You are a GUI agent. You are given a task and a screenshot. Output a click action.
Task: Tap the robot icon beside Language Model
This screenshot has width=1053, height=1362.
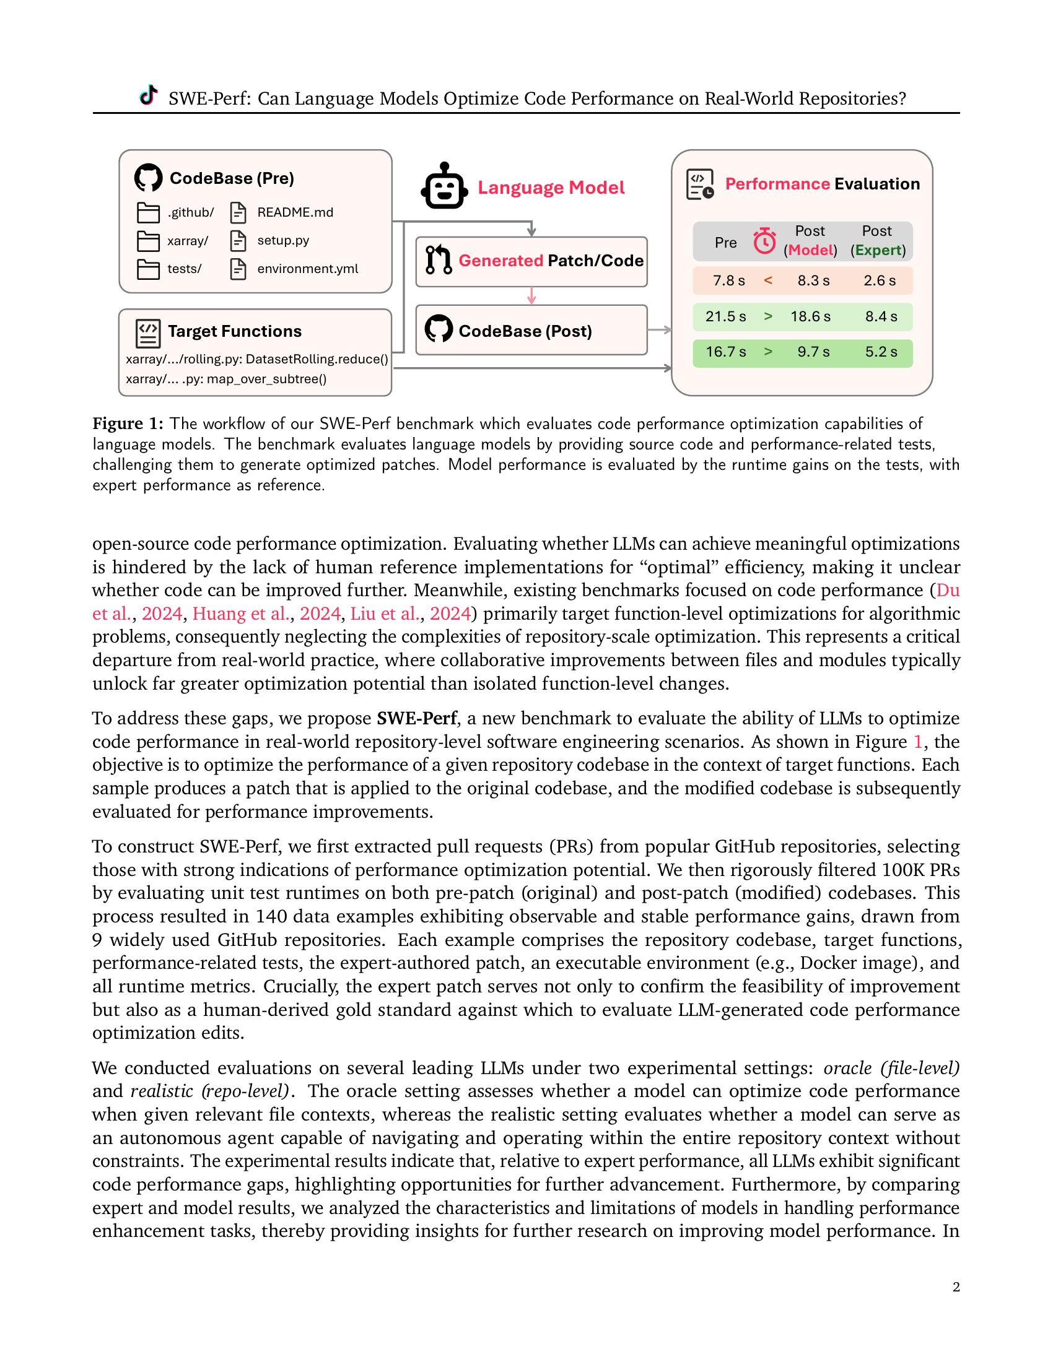[x=444, y=186]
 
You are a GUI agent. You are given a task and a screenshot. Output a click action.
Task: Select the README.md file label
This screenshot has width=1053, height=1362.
[x=295, y=212]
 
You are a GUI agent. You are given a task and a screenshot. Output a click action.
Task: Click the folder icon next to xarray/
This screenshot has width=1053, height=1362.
[x=148, y=241]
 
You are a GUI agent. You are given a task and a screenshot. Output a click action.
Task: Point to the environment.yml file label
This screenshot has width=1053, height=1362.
[x=308, y=269]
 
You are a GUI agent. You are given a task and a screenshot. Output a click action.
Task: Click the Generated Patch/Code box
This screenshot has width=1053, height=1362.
[x=531, y=261]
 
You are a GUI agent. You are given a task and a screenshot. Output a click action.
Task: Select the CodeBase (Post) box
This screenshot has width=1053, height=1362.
[x=531, y=331]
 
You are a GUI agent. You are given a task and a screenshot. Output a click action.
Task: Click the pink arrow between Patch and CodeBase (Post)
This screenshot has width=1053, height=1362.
[x=531, y=295]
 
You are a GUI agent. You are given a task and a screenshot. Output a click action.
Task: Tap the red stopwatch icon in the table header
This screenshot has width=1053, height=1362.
[x=764, y=241]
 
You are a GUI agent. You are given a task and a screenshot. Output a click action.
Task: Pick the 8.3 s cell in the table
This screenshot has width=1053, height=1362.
[x=813, y=280]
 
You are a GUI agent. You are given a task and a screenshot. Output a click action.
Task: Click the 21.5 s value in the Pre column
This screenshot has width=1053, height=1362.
[x=725, y=317]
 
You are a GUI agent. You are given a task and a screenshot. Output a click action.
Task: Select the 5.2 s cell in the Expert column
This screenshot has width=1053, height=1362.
[x=880, y=352]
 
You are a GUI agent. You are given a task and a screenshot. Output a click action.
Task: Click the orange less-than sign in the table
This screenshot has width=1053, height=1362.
[x=768, y=280]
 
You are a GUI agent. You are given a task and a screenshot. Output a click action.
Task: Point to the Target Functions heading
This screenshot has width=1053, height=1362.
[x=234, y=331]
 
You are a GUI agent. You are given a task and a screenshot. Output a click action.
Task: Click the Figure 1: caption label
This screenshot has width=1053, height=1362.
[x=128, y=423]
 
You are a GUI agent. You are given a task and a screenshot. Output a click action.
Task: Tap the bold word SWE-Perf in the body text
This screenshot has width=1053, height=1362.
[x=417, y=718]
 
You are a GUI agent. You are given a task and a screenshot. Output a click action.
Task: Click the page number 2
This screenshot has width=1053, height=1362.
[x=956, y=1286]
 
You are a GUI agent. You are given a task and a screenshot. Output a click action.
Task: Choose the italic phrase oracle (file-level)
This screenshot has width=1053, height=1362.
[x=891, y=1069]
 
